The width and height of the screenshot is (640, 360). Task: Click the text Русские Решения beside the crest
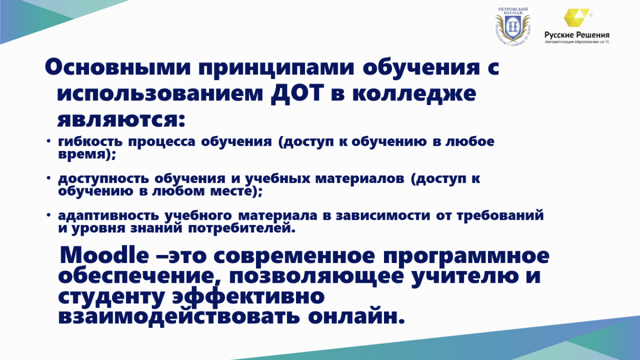(x=577, y=35)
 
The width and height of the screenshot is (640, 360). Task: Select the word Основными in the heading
(x=118, y=67)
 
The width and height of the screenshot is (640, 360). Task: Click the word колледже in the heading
(x=414, y=93)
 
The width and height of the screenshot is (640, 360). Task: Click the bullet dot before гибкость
(x=49, y=141)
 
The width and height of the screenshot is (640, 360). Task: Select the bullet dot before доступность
(x=49, y=178)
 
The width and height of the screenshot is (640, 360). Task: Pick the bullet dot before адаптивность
(x=49, y=215)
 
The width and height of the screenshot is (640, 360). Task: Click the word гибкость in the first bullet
(x=90, y=141)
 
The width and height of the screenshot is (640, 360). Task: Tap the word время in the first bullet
(x=82, y=155)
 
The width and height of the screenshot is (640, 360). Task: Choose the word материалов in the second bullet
(x=359, y=179)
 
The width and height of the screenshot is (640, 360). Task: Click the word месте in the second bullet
(x=231, y=191)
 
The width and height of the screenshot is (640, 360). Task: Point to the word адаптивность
(x=108, y=215)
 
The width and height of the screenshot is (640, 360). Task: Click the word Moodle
(x=105, y=255)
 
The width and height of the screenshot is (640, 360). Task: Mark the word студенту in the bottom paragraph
(x=111, y=297)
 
